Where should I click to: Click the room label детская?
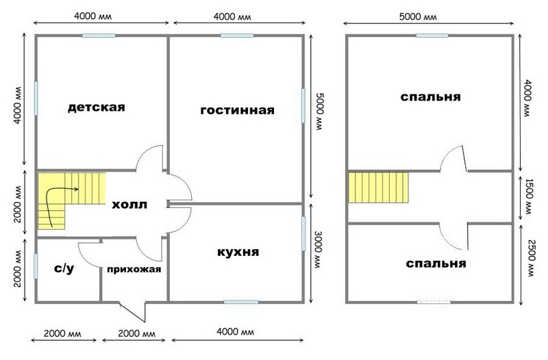[x=96, y=107]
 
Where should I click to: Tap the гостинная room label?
[x=237, y=110]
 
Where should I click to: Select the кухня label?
[x=238, y=252]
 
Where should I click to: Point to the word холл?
[x=129, y=205]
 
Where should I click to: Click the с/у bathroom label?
[x=64, y=268]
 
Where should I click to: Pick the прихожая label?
[x=134, y=269]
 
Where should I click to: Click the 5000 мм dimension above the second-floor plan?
[x=418, y=16]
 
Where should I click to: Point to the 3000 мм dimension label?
[x=319, y=250]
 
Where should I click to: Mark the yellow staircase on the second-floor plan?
[x=378, y=187]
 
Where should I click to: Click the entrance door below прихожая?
[x=133, y=312]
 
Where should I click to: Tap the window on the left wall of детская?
[x=36, y=98]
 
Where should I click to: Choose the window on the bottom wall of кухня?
[x=241, y=302]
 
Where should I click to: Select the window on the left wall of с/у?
[x=36, y=266]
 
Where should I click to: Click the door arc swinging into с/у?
[x=84, y=256]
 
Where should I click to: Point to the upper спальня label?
[x=431, y=97]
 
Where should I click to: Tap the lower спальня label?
[x=436, y=263]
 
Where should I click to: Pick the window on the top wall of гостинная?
[x=237, y=36]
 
